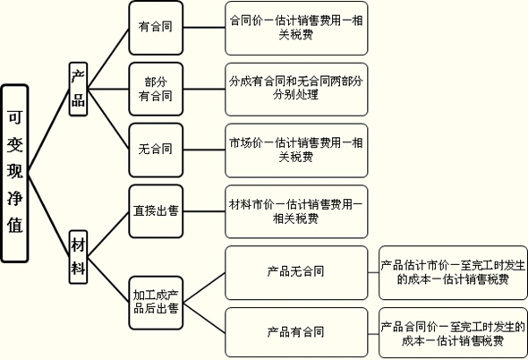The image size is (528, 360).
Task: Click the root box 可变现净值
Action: coord(15,173)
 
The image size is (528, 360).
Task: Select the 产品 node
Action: coord(78,89)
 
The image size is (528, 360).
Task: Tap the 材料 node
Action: coord(78,257)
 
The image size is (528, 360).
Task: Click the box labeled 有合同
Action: coord(156,28)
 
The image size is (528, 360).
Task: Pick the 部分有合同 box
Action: coord(156,89)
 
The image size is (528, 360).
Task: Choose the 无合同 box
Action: coord(156,150)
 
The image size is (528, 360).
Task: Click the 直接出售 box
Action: coord(156,211)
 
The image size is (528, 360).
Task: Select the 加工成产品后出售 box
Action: coord(156,303)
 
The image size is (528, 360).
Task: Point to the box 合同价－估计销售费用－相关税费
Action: coord(296,28)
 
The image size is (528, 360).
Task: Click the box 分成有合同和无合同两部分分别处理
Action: coord(296,90)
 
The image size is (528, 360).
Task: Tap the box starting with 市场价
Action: coord(296,150)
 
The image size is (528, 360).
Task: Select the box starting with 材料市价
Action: coord(296,211)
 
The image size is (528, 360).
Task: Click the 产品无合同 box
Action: coord(296,273)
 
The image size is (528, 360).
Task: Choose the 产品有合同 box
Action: coord(296,332)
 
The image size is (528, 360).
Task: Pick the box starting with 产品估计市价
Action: coord(453,273)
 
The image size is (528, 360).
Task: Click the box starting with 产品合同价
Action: coord(453,332)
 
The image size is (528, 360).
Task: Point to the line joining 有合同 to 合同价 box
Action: coord(204,28)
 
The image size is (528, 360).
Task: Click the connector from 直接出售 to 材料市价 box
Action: coord(204,211)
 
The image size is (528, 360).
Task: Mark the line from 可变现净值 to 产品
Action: coord(49,132)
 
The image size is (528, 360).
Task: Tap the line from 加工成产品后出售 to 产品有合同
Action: coord(204,318)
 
